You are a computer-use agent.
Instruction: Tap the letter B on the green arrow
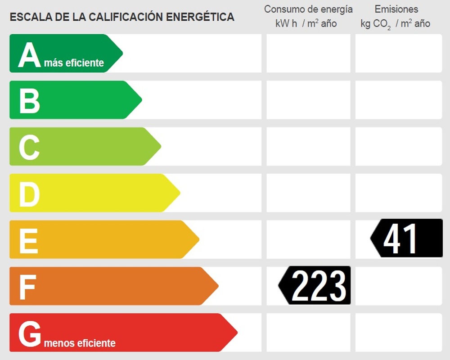[29, 101]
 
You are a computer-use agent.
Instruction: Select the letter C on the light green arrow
[29, 148]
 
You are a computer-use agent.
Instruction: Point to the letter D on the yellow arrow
[29, 194]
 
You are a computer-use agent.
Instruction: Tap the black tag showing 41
[407, 238]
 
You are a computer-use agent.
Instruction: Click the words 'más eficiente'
[74, 63]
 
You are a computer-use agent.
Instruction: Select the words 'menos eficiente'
[80, 343]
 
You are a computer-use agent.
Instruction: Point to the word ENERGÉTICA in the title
[200, 17]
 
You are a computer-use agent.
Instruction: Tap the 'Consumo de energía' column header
[308, 9]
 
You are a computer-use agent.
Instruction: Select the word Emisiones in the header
[396, 9]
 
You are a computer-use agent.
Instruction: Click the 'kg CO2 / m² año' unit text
[395, 24]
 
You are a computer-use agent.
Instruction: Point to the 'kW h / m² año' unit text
[306, 23]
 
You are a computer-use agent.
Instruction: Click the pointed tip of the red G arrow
[236, 333]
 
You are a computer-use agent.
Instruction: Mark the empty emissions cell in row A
[399, 54]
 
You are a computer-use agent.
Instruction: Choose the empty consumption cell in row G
[308, 333]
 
